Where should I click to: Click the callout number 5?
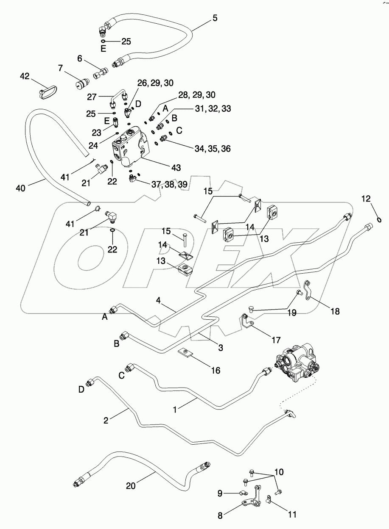[215, 18]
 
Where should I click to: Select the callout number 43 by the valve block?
[175, 168]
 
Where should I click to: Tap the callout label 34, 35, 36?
[213, 149]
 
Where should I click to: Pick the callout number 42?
[25, 76]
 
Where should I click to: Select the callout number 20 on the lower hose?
[131, 486]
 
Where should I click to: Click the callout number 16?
[215, 371]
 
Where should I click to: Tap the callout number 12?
[366, 198]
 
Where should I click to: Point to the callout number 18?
[335, 311]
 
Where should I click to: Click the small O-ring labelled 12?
[380, 219]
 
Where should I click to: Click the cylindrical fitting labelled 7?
[79, 84]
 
